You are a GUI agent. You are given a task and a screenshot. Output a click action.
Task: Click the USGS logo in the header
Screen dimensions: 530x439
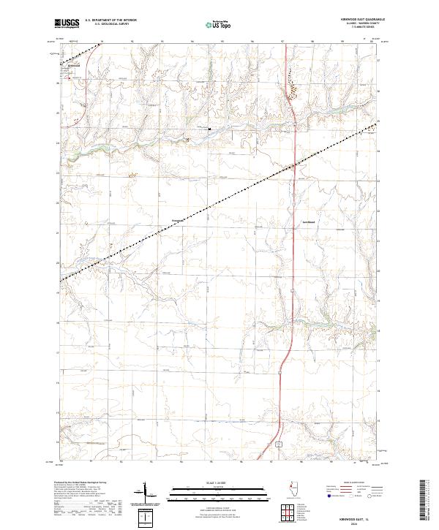point(67,24)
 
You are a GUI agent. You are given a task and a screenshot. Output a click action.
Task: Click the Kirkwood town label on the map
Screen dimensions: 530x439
point(72,65)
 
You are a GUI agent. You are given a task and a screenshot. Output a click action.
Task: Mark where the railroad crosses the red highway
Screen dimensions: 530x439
point(293,166)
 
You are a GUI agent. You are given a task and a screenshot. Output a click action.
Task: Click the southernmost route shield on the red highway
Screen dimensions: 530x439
point(279,444)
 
